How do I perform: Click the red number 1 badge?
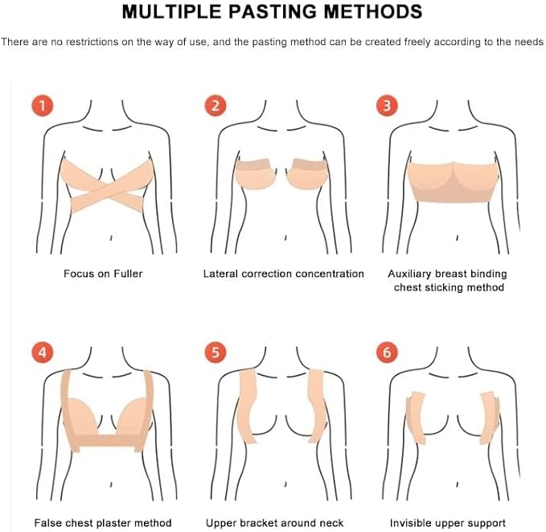[x=43, y=105]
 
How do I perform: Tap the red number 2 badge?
[x=216, y=105]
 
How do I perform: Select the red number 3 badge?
[x=387, y=105]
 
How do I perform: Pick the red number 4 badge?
[x=43, y=352]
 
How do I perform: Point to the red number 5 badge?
[x=216, y=352]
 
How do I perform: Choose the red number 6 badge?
[x=387, y=352]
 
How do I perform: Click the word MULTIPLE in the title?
[x=171, y=12]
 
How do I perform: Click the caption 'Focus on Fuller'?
[x=103, y=274]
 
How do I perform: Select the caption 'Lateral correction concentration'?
[x=283, y=274]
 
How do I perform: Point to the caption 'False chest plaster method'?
[x=103, y=523]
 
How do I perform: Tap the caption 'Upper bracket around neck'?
[x=274, y=523]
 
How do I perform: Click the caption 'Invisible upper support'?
[x=447, y=523]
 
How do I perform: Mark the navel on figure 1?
[x=111, y=238]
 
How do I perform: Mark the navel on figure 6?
[x=457, y=485]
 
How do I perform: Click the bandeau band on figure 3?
[x=453, y=183]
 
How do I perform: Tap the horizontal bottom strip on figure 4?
[x=106, y=441]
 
